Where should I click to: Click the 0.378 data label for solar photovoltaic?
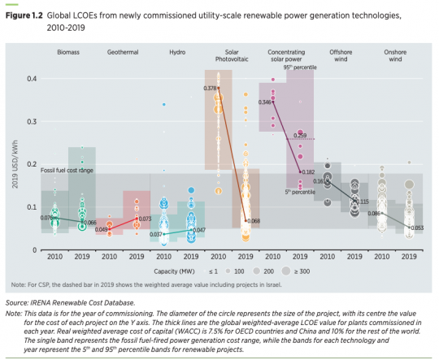pos(209,88)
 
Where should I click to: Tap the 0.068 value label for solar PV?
pos(254,221)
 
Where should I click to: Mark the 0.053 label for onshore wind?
pos(418,228)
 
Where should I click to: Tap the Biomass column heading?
pos(68,52)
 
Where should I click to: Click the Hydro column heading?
pos(178,52)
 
